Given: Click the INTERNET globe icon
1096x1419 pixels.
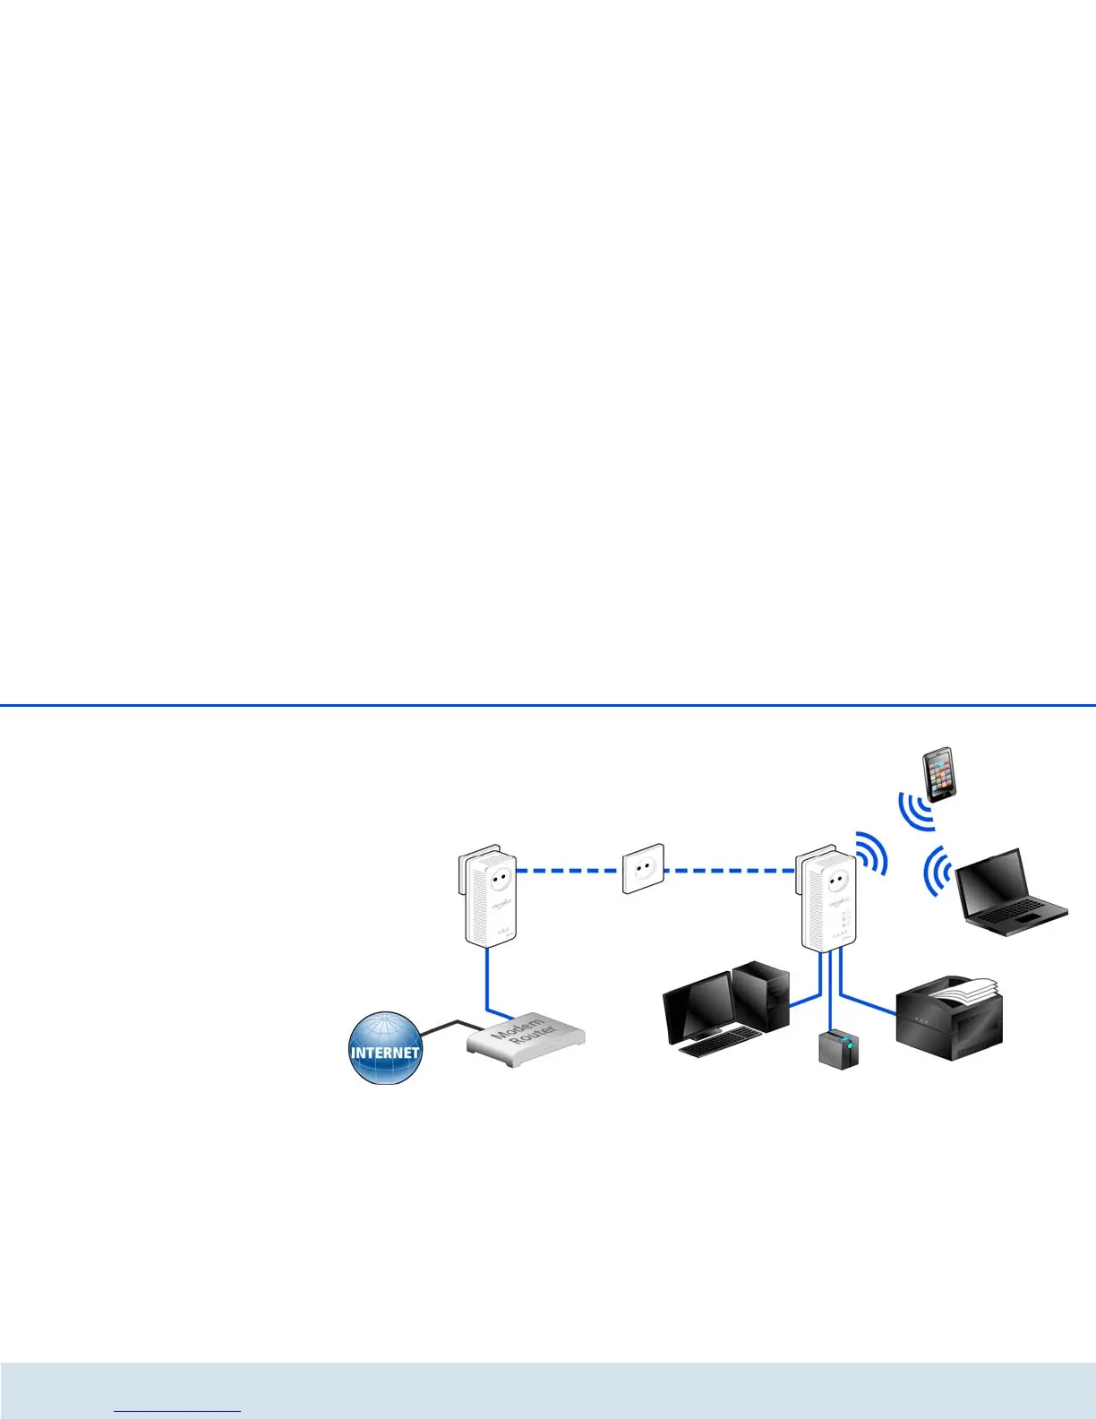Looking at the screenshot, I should coord(384,1047).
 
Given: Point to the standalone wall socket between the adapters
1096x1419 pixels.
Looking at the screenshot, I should coord(644,868).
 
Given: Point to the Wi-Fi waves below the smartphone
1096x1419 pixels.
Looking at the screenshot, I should coord(915,810).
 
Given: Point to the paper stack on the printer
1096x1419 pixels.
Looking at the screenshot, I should coord(963,988).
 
